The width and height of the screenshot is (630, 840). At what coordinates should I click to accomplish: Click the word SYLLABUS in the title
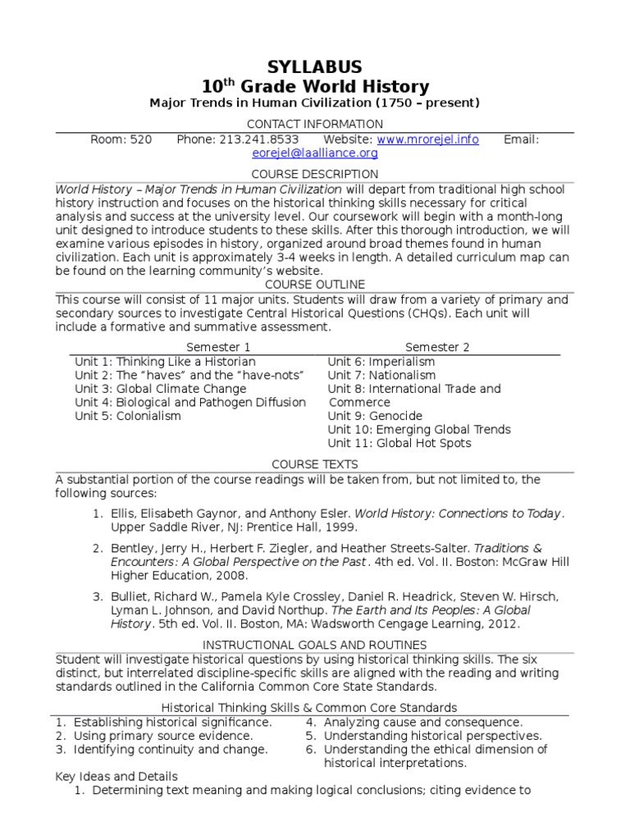click(315, 67)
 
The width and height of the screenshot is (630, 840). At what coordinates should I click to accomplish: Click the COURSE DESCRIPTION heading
click(315, 174)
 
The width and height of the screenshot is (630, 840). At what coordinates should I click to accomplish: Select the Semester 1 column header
click(218, 347)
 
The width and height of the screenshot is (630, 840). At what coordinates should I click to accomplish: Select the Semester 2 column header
click(437, 347)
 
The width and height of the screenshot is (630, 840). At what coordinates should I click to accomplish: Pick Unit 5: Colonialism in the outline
click(128, 416)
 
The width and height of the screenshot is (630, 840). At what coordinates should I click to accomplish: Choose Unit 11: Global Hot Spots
click(399, 443)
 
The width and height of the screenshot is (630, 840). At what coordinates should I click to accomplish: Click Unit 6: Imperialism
click(381, 361)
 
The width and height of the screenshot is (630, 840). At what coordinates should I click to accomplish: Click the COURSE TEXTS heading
click(315, 464)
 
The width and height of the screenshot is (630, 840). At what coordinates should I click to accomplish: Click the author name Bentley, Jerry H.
click(156, 547)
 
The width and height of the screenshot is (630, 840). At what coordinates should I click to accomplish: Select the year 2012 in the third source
click(504, 624)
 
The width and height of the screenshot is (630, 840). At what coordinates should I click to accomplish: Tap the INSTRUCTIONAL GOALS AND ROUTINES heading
click(315, 646)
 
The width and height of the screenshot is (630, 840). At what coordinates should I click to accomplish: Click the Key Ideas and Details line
click(116, 776)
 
